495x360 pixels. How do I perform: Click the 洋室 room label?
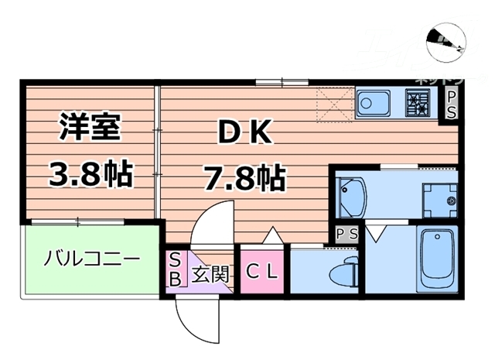tap(90, 126)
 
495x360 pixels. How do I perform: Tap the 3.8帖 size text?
tap(90, 175)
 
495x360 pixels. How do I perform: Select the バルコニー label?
tap(91, 258)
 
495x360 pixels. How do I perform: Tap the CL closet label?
tap(263, 273)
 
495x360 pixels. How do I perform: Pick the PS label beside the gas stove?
tap(451, 105)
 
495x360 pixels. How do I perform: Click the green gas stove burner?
tap(419, 101)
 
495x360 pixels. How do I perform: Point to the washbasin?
tap(353, 199)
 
